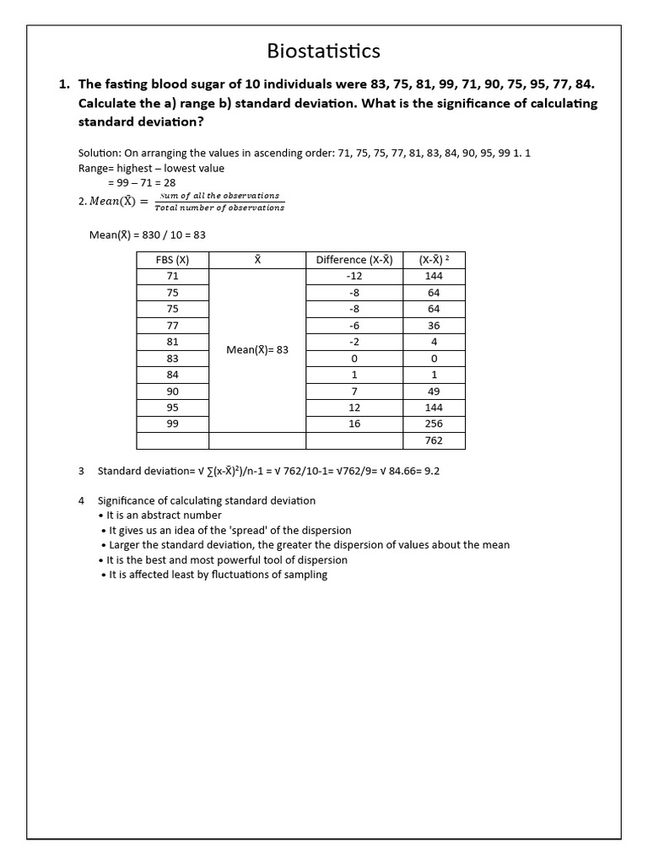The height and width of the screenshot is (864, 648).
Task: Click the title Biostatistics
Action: click(323, 51)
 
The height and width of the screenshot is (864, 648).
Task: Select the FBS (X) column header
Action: click(172, 260)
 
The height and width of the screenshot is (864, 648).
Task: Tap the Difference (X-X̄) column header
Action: click(354, 260)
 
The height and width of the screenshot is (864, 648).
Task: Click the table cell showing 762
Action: click(434, 440)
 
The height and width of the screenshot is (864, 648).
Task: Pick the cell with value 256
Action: click(434, 424)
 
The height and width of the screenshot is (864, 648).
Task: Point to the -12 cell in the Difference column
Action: click(354, 276)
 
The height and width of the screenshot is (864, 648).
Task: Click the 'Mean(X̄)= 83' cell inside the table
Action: click(257, 349)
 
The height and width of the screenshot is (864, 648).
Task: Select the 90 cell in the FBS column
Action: click(172, 391)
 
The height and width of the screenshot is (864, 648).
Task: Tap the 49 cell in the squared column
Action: click(434, 391)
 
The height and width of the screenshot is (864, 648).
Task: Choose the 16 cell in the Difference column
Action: click(354, 424)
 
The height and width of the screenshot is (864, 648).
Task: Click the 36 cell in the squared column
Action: click(434, 325)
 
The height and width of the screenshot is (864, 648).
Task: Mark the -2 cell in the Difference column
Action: click(354, 342)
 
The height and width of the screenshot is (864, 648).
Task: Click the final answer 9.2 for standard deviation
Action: click(431, 471)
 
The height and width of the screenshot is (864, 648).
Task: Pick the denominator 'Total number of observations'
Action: click(219, 208)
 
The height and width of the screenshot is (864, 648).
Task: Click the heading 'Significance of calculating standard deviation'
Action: click(207, 500)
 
